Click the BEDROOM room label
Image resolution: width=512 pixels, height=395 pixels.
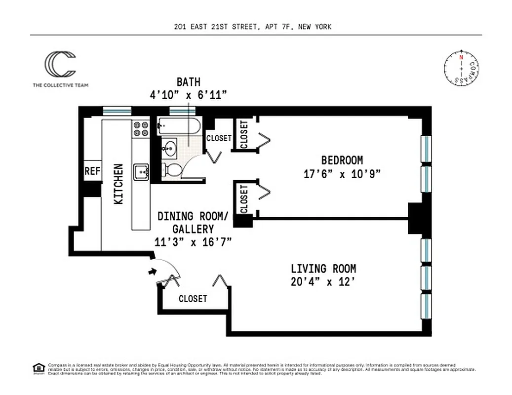point(342,160)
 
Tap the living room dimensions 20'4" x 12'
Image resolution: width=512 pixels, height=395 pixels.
point(323,282)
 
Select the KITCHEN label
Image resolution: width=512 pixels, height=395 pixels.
point(119,184)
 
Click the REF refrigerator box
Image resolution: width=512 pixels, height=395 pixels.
point(92,171)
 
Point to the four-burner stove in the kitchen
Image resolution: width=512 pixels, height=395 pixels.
point(141,129)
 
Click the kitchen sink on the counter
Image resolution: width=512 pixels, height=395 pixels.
point(142,171)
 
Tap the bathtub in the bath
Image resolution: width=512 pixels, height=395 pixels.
point(178,126)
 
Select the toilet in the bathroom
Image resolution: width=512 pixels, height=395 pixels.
point(171,170)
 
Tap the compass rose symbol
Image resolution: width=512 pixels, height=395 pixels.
point(461,69)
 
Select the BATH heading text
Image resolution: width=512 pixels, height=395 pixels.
point(189,82)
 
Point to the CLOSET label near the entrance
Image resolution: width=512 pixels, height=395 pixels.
point(193,299)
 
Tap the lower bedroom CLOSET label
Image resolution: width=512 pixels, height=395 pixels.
point(244,198)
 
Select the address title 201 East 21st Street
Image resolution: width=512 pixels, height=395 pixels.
point(253,27)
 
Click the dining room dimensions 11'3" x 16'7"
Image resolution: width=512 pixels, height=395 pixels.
point(193,241)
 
